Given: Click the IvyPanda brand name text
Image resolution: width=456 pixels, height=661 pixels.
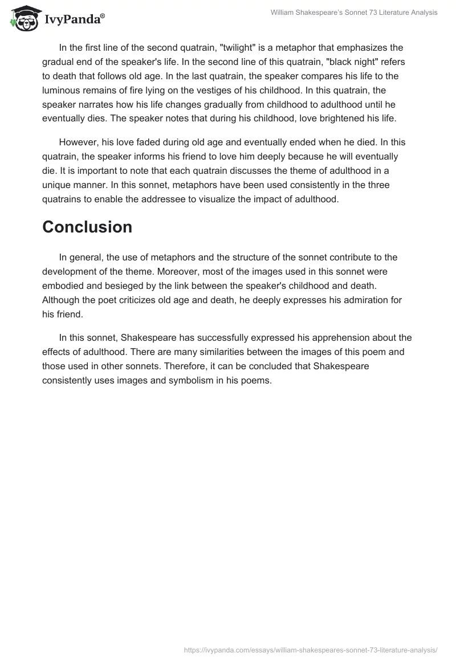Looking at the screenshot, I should click(73, 19).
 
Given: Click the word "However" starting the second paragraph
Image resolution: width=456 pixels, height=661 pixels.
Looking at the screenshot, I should click(78, 142).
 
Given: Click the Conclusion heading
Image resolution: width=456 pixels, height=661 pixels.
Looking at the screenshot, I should click(87, 227).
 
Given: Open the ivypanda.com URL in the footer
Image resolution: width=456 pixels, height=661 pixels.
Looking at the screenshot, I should click(311, 650).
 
